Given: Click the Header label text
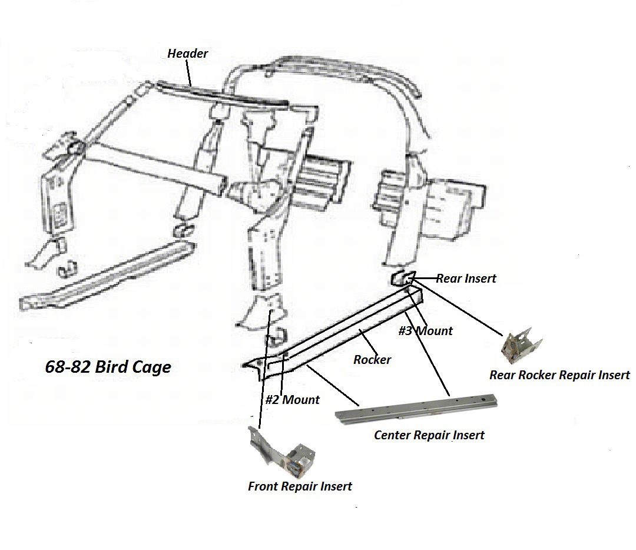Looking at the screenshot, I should pyautogui.click(x=187, y=54).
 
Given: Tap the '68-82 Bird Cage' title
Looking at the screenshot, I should pyautogui.click(x=108, y=367).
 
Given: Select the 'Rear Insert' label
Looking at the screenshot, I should pyautogui.click(x=466, y=279).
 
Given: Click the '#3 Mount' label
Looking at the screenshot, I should pyautogui.click(x=425, y=331).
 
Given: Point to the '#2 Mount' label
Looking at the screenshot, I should pyautogui.click(x=292, y=400).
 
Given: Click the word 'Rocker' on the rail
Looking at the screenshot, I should pyautogui.click(x=372, y=359).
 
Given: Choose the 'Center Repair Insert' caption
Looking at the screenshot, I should pyautogui.click(x=429, y=436).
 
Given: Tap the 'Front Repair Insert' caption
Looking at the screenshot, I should pyautogui.click(x=300, y=486).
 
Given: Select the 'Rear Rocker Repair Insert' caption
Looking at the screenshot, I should pyautogui.click(x=559, y=375).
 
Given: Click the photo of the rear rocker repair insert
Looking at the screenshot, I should pyautogui.click(x=521, y=345).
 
